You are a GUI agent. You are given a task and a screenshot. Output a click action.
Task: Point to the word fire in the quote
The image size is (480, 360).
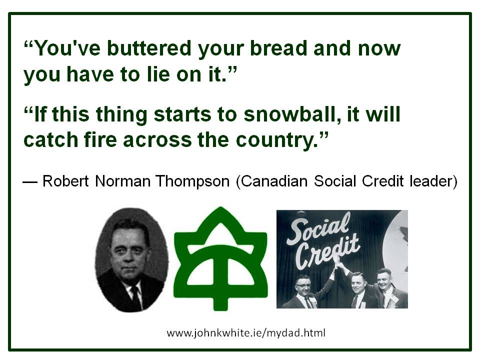[100, 140]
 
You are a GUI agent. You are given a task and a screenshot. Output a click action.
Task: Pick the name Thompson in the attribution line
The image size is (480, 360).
[192, 181]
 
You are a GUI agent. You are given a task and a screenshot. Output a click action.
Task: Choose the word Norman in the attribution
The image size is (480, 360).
[123, 181]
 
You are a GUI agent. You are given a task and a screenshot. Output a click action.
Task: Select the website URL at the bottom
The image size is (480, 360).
[246, 333]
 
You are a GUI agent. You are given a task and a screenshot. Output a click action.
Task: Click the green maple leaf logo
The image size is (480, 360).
[220, 258]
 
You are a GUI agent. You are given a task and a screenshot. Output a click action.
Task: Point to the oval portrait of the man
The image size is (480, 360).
[132, 260]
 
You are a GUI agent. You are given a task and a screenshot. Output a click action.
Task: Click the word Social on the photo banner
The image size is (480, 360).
[318, 228]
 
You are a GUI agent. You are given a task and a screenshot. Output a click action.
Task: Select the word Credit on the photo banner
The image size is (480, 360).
[327, 251]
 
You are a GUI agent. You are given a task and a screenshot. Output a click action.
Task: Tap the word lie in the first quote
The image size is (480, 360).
[158, 74]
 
